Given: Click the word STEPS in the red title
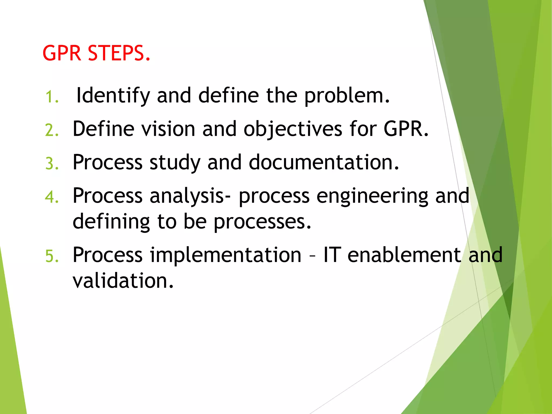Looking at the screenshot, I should [119, 53].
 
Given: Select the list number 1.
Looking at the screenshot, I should [51, 97].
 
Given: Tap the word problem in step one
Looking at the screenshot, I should [347, 96].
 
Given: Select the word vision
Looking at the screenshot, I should [168, 129].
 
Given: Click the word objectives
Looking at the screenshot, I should [293, 129].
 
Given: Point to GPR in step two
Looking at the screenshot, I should [406, 129].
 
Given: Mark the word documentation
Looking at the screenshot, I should [323, 163].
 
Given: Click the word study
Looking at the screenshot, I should [175, 163].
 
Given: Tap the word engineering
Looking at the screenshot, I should [372, 196].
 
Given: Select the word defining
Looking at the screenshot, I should [111, 222].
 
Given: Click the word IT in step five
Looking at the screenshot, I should [332, 255].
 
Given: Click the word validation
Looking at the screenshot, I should [123, 281].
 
